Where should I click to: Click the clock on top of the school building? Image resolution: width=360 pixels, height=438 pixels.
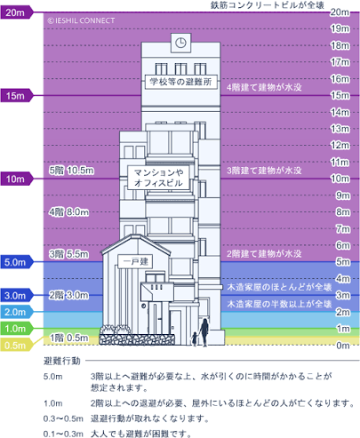[180, 43]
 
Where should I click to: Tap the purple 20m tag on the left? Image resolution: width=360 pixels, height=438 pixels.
[16, 12]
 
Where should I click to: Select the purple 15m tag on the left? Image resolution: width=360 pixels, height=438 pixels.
[16, 96]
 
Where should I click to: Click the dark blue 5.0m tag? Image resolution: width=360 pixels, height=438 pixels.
[16, 262]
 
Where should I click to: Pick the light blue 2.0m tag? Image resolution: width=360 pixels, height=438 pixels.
[16, 312]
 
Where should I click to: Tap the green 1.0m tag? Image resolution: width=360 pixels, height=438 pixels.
[16, 329]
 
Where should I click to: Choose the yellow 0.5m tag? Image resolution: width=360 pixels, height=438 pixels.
[16, 346]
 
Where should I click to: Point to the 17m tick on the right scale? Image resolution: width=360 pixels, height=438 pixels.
[340, 62]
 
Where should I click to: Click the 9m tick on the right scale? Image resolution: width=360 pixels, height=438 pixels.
[343, 195]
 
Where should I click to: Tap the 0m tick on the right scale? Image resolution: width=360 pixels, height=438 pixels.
[343, 346]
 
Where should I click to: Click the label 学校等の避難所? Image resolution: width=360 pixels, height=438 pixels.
[180, 82]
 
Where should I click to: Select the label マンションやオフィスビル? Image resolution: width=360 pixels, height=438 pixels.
[158, 178]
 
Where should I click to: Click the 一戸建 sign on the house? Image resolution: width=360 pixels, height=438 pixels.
[135, 261]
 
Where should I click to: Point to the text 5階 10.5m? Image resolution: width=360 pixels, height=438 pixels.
[71, 171]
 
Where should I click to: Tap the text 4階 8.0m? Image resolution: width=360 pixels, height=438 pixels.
[68, 212]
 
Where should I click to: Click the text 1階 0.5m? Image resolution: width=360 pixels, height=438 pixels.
[68, 338]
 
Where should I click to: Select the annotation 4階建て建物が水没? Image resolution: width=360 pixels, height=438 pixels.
[264, 87]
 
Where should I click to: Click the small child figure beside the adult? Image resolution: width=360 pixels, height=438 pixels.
[195, 338]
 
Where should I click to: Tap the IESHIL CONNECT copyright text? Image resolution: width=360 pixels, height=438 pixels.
[81, 20]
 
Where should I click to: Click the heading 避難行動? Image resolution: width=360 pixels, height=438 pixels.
[62, 361]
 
